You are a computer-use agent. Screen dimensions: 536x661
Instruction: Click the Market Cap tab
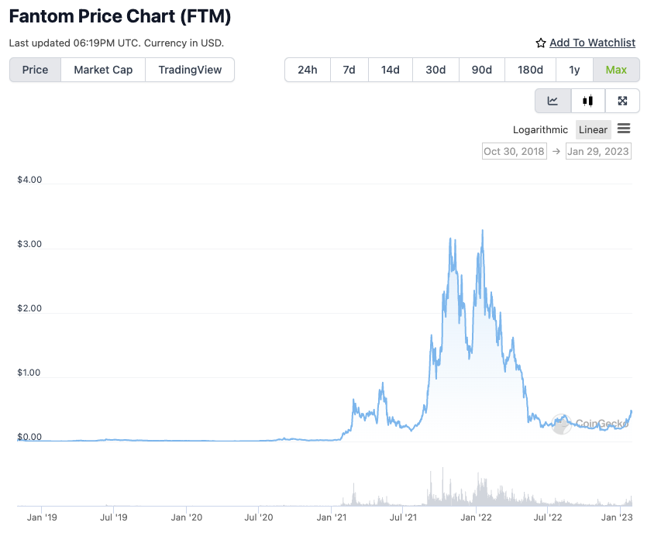[x=103, y=70]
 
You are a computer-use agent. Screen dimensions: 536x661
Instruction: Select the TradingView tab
[x=190, y=70]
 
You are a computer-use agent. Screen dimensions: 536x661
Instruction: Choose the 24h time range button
[x=308, y=70]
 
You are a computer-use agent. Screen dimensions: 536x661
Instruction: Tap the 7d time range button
[x=349, y=70]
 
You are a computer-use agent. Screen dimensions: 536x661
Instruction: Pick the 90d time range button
[x=482, y=70]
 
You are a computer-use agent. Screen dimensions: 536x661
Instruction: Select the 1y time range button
[x=574, y=70]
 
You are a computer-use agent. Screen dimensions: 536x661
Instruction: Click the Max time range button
[x=616, y=70]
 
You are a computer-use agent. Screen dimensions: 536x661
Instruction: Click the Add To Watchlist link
[x=592, y=43]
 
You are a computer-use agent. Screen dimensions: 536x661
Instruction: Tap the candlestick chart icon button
[x=588, y=101]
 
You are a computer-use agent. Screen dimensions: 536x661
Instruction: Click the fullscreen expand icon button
[x=622, y=101]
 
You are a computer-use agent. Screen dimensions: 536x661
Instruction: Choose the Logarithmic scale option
[x=540, y=129]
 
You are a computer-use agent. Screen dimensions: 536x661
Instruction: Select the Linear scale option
[x=594, y=129]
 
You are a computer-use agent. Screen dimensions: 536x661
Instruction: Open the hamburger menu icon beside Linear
[x=624, y=129]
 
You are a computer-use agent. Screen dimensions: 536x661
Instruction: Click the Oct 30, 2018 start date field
[x=514, y=151]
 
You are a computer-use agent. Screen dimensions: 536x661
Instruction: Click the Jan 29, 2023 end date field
[x=598, y=151]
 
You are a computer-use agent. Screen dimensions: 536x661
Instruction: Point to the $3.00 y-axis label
[x=29, y=244]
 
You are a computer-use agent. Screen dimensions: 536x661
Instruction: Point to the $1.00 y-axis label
[x=29, y=373]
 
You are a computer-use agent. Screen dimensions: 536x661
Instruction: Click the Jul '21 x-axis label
[x=402, y=517]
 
